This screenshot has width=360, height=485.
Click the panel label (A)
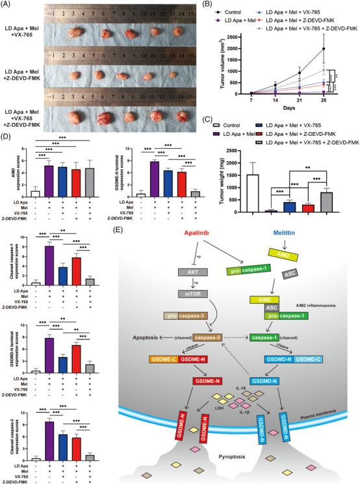[x=7, y=5]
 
